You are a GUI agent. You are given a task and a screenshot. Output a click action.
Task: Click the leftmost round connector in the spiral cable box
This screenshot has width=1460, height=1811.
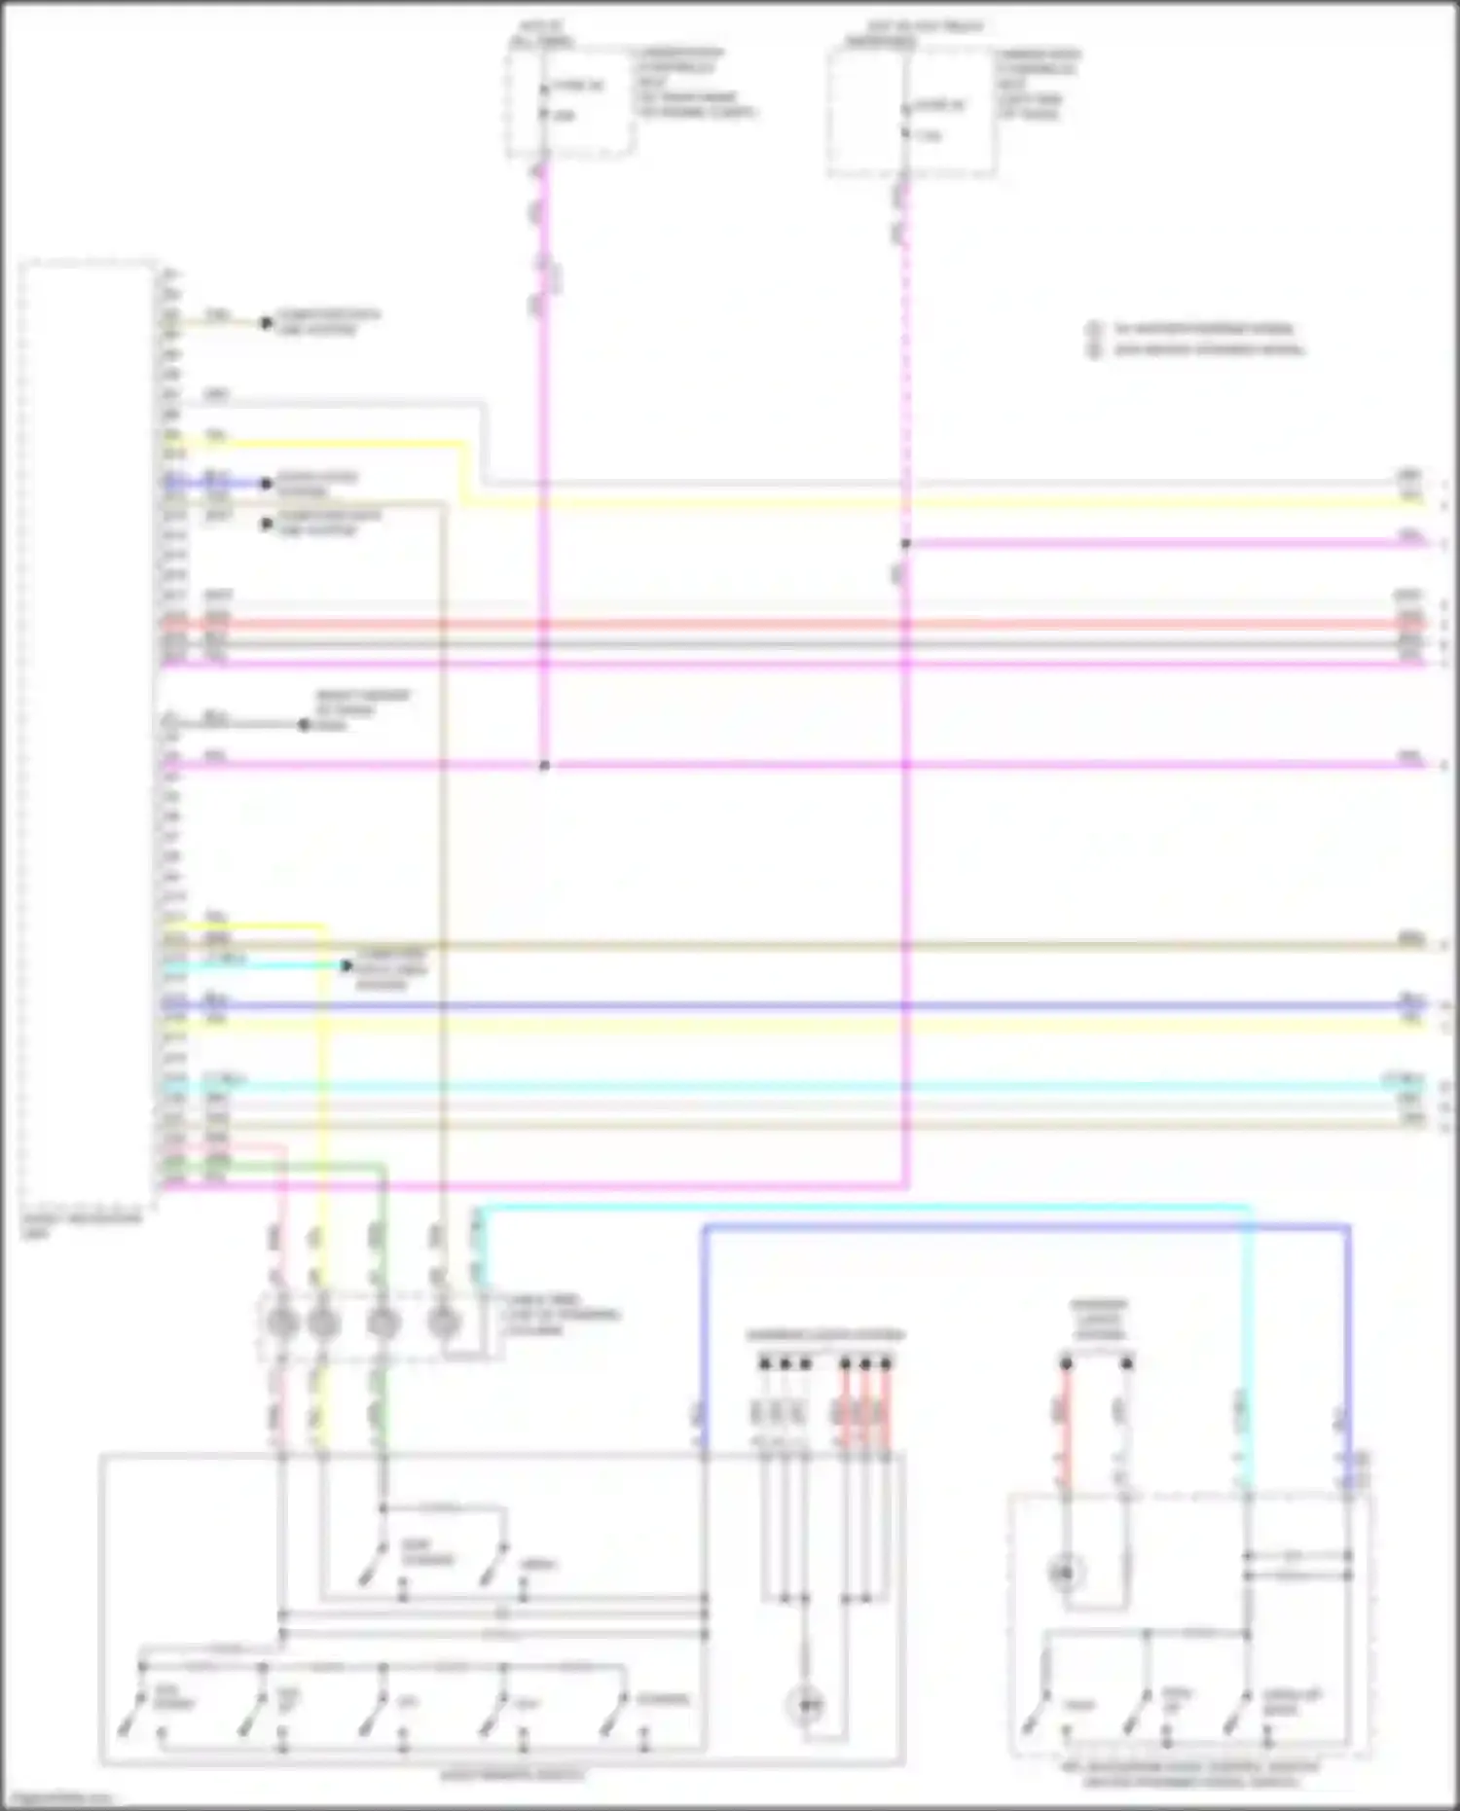point(282,1323)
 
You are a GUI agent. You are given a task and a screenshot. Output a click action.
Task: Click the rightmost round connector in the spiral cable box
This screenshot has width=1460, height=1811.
point(444,1323)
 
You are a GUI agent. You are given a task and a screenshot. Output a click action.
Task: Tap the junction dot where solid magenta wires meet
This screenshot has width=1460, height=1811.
point(544,766)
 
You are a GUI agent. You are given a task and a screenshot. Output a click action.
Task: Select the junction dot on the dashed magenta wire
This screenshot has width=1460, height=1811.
point(905,544)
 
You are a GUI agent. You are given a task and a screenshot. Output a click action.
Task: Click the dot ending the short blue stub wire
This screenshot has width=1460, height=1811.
point(266,484)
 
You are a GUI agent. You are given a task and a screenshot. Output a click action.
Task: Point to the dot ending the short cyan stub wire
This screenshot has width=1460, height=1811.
point(346,966)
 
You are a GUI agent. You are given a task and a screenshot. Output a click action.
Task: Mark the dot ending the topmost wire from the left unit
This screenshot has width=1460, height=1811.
point(266,322)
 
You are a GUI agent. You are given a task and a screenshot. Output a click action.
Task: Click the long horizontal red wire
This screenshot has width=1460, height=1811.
point(779,624)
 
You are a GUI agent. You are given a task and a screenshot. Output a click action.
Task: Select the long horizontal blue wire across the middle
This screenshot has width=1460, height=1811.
point(779,1005)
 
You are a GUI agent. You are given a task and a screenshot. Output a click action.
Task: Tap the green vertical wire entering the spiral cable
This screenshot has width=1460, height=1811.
point(383,1226)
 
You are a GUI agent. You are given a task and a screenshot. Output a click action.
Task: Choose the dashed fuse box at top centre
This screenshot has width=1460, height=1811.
point(570,102)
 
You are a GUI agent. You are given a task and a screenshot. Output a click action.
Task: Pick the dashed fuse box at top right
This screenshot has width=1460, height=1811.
point(911,113)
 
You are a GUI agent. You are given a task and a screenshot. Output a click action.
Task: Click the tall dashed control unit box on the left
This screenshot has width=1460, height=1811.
point(88,730)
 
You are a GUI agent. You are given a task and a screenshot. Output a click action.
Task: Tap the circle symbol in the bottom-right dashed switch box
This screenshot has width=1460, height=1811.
point(1066,1571)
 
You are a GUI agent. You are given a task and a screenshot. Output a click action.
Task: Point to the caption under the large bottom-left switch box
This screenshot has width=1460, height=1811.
point(513,1775)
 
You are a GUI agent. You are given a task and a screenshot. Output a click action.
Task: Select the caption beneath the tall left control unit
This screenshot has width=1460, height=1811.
point(82,1224)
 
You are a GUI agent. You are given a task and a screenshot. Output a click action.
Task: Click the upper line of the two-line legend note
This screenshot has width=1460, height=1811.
point(1203,329)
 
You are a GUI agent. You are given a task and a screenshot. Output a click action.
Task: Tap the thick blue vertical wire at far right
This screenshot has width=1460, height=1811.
point(1348,1343)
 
